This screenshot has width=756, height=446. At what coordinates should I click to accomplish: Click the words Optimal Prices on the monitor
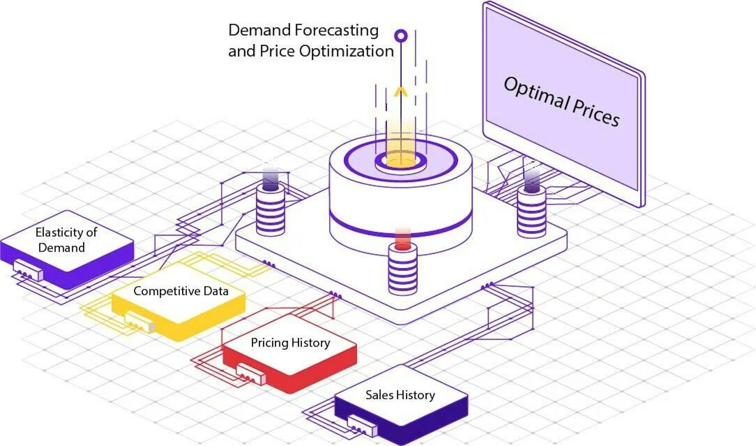tap(562, 101)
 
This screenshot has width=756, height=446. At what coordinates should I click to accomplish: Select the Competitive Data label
tap(181, 291)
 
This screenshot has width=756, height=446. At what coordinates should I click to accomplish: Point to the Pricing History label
tap(290, 342)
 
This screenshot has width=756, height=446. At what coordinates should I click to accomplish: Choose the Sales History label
tap(400, 395)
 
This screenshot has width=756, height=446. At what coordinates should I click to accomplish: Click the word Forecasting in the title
tap(336, 30)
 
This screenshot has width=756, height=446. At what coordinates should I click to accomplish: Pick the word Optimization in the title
tap(346, 51)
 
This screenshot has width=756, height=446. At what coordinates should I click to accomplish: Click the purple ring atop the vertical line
tap(401, 36)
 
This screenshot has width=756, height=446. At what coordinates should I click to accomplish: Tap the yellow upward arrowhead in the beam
tap(401, 92)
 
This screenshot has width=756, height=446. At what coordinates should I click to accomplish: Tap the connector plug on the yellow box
tap(139, 322)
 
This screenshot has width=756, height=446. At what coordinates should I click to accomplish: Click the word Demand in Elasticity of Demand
tap(62, 247)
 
